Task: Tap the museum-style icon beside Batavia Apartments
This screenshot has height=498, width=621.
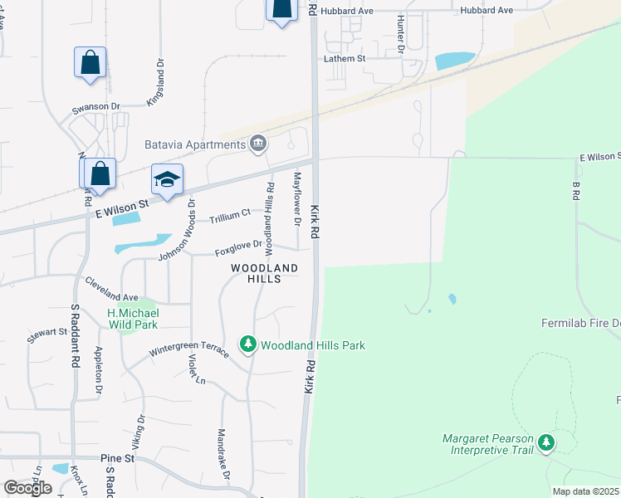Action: tap(258, 145)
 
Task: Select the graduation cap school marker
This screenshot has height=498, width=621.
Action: tap(167, 180)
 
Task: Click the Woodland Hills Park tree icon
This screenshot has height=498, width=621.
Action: tap(247, 344)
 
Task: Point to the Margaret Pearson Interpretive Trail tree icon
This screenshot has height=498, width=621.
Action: tap(546, 444)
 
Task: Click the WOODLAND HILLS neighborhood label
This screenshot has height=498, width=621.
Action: tap(264, 274)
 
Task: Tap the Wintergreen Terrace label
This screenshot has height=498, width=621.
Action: tap(189, 350)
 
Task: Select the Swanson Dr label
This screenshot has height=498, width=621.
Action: tap(96, 107)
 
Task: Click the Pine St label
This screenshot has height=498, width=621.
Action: tap(117, 458)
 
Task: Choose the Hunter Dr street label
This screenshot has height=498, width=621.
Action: tap(400, 33)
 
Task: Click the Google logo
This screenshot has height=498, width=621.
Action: tap(27, 488)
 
